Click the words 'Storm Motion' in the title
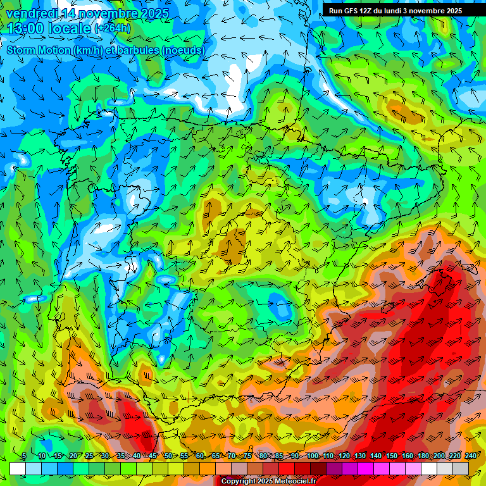click(x=38, y=50)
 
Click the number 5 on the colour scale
click(x=24, y=456)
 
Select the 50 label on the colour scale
click(x=168, y=456)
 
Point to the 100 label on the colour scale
click(x=312, y=456)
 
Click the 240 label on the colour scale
click(x=471, y=456)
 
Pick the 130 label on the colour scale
click(x=359, y=456)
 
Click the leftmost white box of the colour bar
click(x=18, y=468)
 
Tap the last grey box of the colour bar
click(x=461, y=468)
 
